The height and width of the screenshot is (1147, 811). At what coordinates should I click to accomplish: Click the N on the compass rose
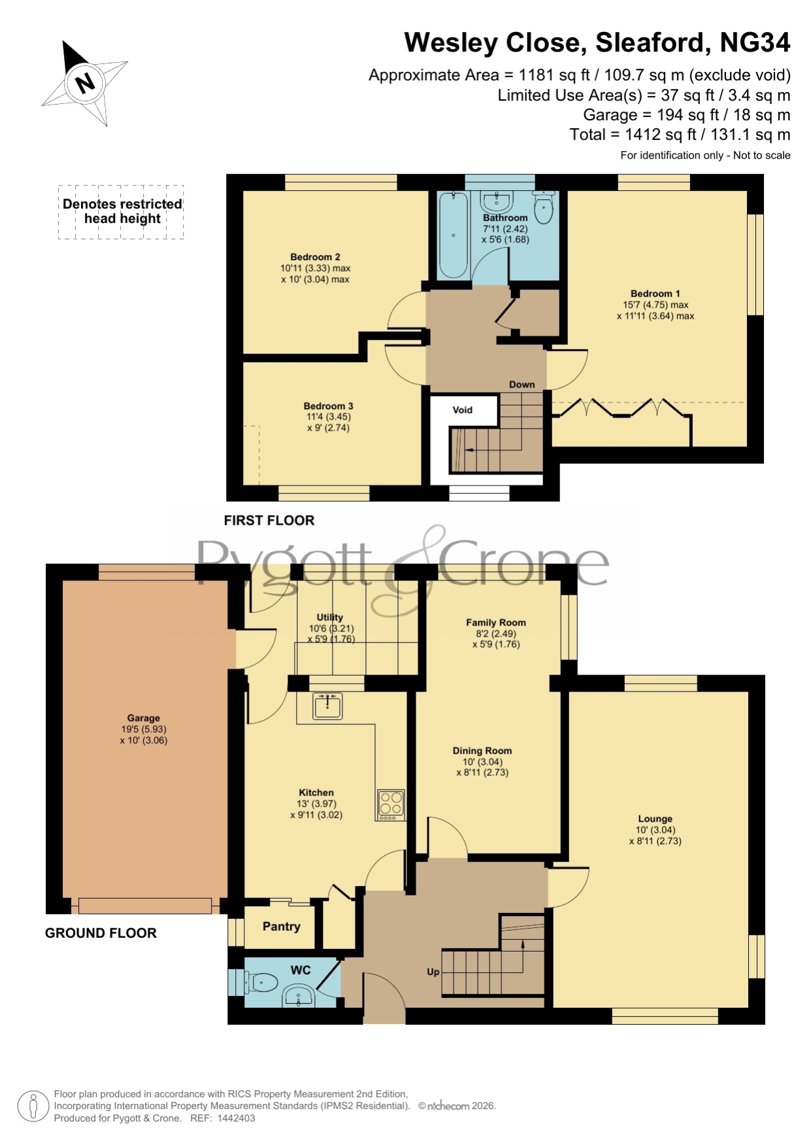[x=85, y=83]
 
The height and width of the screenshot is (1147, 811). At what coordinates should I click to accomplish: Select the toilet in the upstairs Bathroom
[x=543, y=207]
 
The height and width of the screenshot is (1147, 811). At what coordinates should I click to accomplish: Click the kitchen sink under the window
[x=327, y=706]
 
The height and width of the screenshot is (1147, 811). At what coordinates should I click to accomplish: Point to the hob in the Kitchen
[x=391, y=805]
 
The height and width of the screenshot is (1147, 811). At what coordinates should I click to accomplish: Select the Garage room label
[x=143, y=718]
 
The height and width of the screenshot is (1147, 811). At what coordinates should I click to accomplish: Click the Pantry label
[x=281, y=926]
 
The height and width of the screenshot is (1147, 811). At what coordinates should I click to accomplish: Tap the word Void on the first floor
[x=462, y=410]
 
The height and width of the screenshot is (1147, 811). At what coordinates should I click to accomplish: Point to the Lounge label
[x=655, y=818]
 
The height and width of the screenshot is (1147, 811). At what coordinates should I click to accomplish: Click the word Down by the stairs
[x=521, y=384]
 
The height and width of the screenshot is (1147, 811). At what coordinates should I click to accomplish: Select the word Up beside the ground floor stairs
[x=433, y=972]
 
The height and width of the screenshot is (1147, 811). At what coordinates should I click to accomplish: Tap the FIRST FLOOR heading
[x=269, y=520]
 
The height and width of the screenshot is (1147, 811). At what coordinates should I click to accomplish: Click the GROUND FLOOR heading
[x=101, y=933]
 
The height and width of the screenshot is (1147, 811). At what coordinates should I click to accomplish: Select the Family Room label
[x=495, y=622]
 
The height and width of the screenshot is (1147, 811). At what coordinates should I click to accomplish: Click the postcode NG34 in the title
[x=755, y=42]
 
